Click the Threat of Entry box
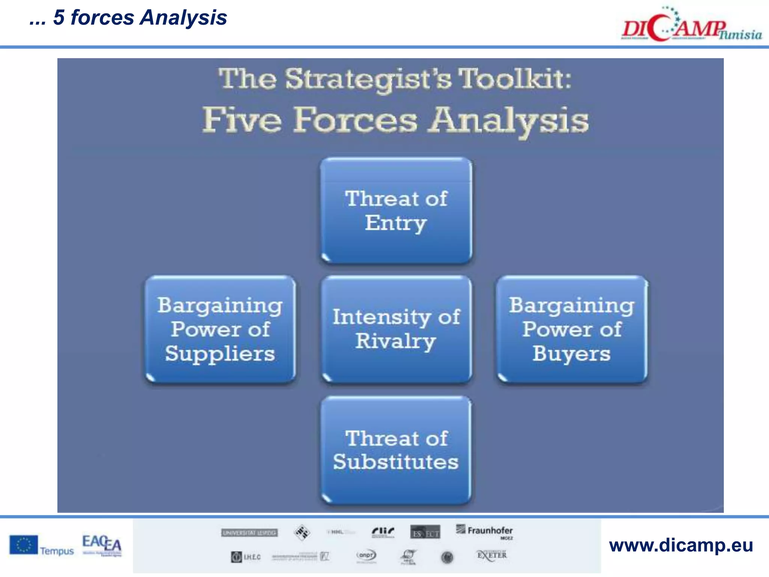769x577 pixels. (396, 210)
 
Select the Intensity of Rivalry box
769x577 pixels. (396, 329)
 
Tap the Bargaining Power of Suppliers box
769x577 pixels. (220, 329)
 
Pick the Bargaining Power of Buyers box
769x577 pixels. (572, 329)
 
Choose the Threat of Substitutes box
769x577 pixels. (396, 450)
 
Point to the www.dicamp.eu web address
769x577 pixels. (681, 545)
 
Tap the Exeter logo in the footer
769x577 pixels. (492, 555)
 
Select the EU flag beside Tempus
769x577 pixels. (23, 545)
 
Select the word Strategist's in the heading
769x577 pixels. (368, 80)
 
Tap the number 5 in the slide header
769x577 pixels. (59, 18)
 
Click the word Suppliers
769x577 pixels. (220, 354)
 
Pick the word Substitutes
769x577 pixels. (396, 462)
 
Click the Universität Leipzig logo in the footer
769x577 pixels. (249, 533)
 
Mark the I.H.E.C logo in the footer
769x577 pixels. (246, 557)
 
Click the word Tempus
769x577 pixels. (57, 551)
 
